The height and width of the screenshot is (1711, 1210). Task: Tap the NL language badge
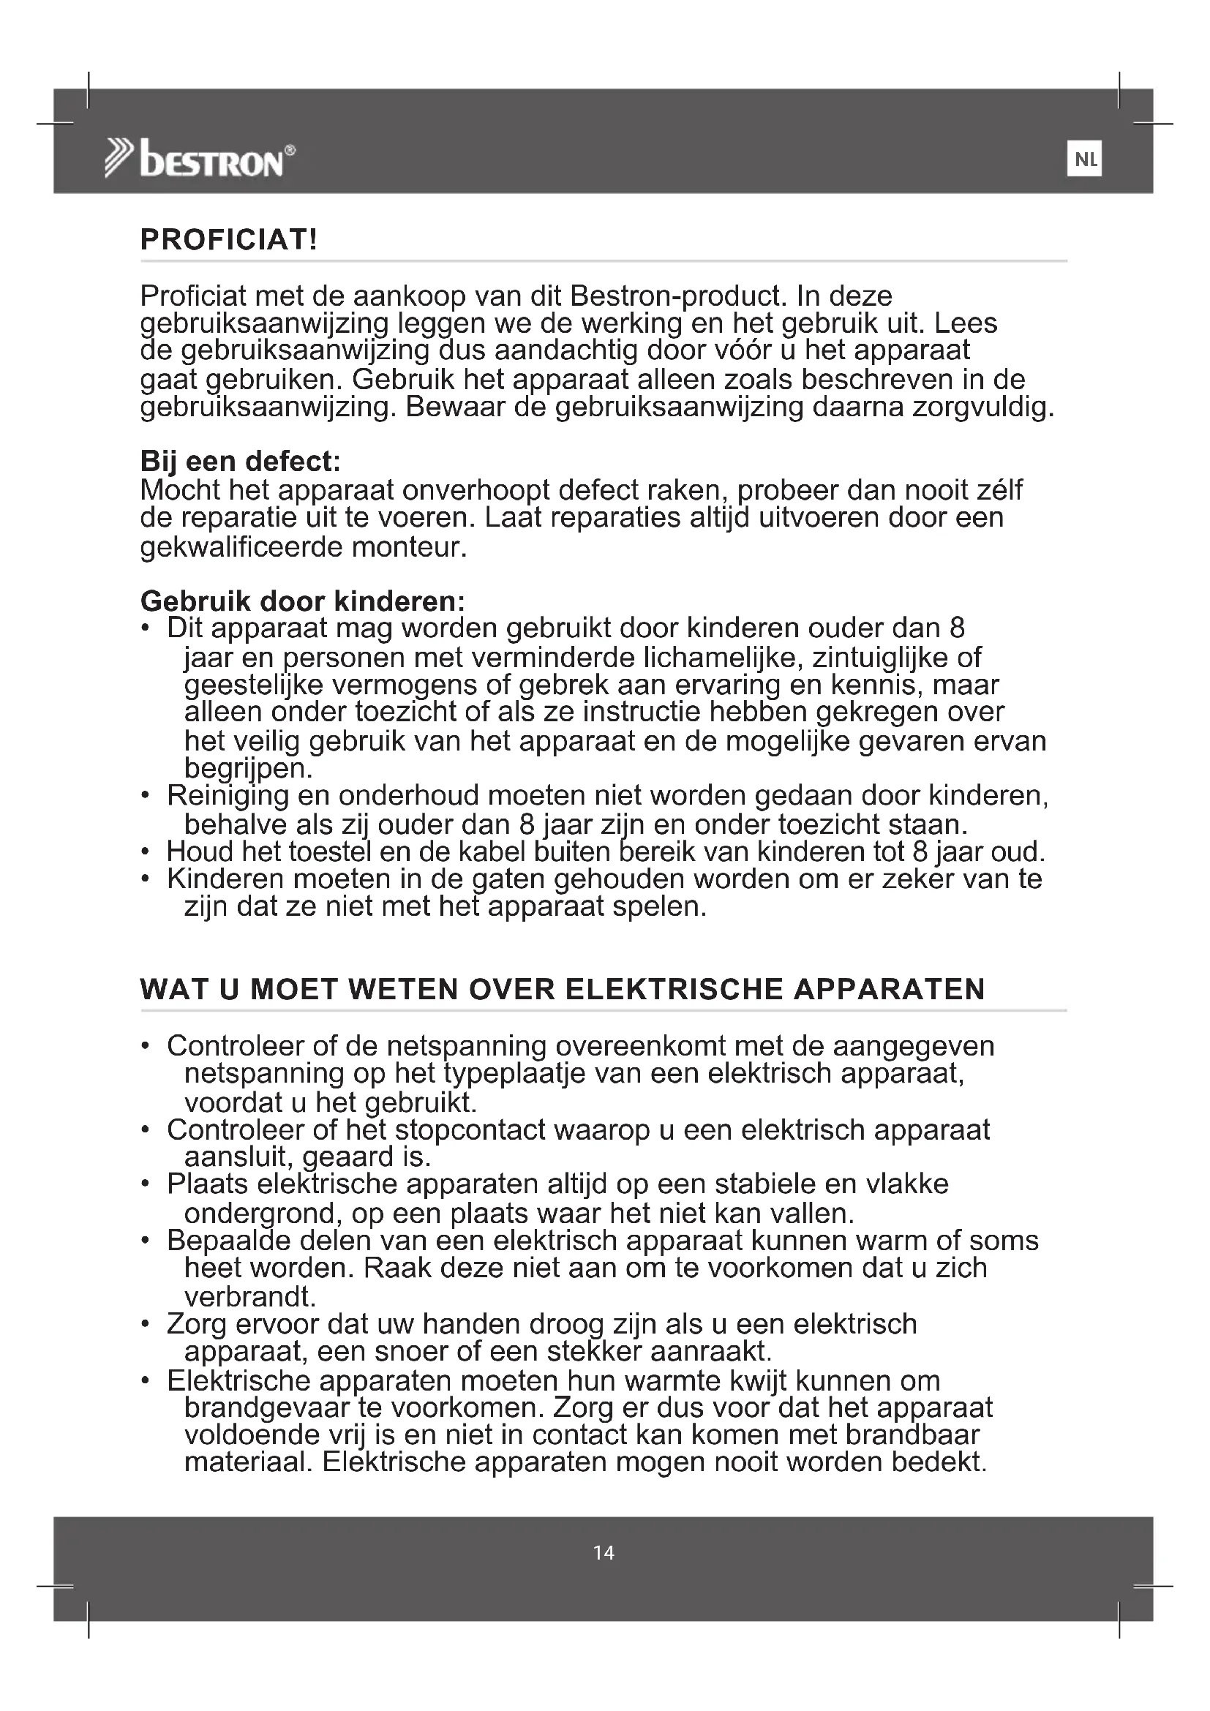[x=1084, y=159]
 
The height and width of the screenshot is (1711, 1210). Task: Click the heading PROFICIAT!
[x=229, y=240]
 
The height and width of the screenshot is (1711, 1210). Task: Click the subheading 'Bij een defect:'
[x=240, y=462]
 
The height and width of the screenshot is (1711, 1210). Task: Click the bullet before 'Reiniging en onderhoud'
[x=146, y=796]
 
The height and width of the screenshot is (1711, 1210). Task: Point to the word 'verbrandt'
[x=249, y=1298]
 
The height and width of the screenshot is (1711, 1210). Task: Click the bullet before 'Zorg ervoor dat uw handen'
[x=146, y=1325]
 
